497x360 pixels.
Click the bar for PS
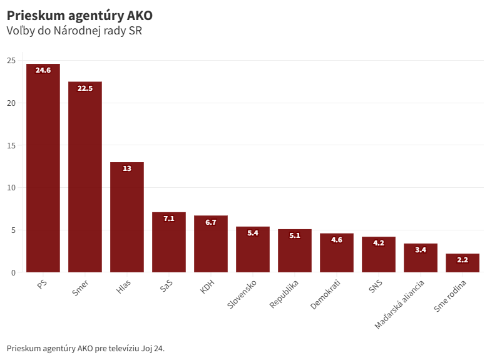(x=43, y=169)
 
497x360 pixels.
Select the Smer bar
(x=85, y=178)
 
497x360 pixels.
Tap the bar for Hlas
(x=127, y=219)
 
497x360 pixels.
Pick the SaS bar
(x=169, y=244)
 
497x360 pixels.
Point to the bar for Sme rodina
(x=463, y=265)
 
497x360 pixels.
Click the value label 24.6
(x=43, y=70)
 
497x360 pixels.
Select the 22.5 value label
(x=85, y=88)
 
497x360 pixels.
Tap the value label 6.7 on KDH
(x=211, y=222)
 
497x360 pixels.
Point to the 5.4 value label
(x=253, y=233)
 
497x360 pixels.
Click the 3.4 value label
(x=421, y=250)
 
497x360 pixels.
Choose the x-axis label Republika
(x=284, y=294)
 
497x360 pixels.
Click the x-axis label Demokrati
(x=325, y=295)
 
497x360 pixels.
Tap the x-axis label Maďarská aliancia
(x=400, y=304)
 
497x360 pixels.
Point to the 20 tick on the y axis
(x=11, y=103)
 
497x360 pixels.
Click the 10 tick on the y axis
(x=11, y=187)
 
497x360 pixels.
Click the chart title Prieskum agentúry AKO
(x=79, y=14)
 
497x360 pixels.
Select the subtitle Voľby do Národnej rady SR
(x=74, y=31)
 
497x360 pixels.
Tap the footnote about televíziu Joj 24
(x=86, y=348)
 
